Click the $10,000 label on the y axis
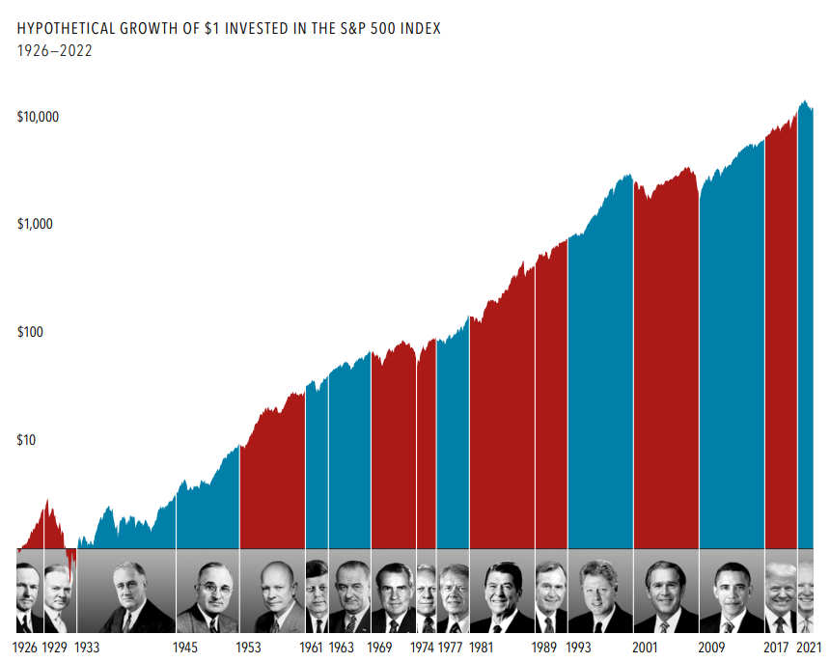[x=39, y=117]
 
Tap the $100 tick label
[x=32, y=332]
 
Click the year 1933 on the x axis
[x=87, y=648]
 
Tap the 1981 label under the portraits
[x=481, y=648]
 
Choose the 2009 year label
[x=710, y=648]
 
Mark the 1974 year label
[x=422, y=648]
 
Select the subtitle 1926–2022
[x=55, y=51]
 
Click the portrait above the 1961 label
[x=317, y=595]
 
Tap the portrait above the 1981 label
[x=502, y=595]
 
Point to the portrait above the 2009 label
[x=732, y=595]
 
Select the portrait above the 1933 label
[x=125, y=595]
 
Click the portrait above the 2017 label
[x=781, y=595]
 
